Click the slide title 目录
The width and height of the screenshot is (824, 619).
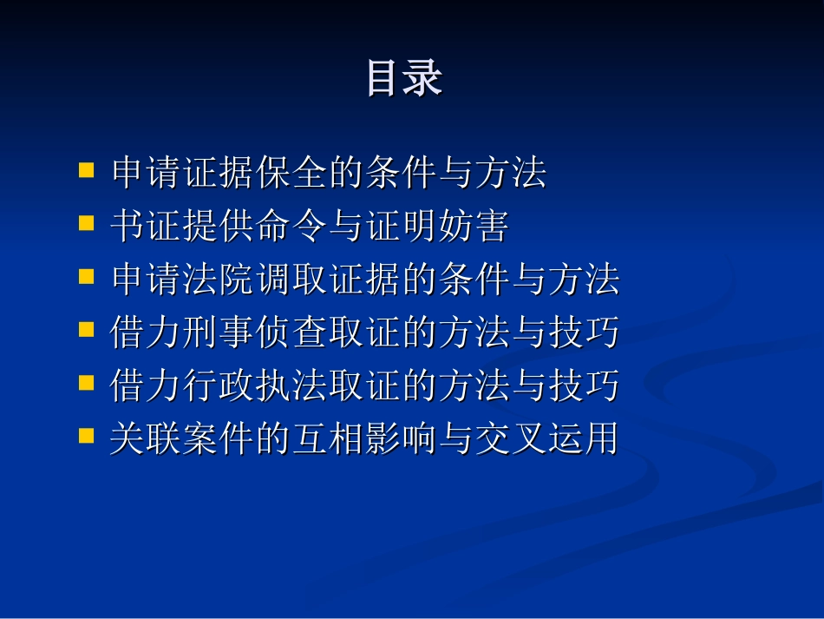pos(404,78)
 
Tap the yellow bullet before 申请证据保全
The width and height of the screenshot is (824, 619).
pos(86,170)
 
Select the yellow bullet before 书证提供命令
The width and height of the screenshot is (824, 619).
pos(86,223)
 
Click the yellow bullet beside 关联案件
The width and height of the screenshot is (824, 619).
pos(86,436)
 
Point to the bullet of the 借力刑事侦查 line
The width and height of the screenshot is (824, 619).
pos(86,329)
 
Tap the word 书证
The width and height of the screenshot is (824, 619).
pos(146,226)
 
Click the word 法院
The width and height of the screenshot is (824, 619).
pos(219,279)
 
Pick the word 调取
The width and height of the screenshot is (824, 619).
pos(292,279)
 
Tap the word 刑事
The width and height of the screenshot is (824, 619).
pos(219,332)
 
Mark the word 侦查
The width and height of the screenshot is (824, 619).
pos(292,332)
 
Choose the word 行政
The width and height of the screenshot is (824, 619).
pos(219,385)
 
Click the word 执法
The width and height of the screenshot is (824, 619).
pos(292,385)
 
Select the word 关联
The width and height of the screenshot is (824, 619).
pos(146,438)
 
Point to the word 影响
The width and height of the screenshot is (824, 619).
pos(402,438)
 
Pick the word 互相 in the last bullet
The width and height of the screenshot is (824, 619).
pos(329,438)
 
